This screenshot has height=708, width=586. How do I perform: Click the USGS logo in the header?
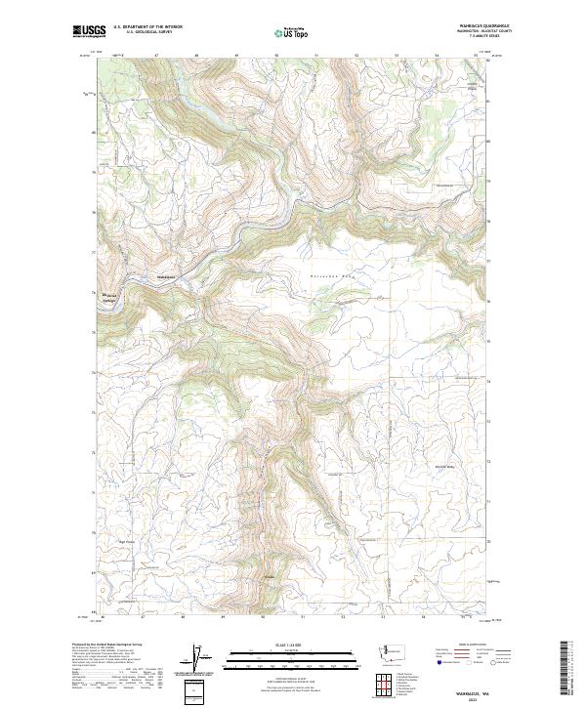coord(90,31)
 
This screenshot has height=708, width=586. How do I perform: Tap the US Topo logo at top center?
coord(295,33)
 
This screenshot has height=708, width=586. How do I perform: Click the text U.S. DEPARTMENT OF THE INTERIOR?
coord(147,27)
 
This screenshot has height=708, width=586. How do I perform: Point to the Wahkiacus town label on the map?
coord(166,276)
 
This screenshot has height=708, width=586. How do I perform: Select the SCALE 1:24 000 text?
coord(293,644)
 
